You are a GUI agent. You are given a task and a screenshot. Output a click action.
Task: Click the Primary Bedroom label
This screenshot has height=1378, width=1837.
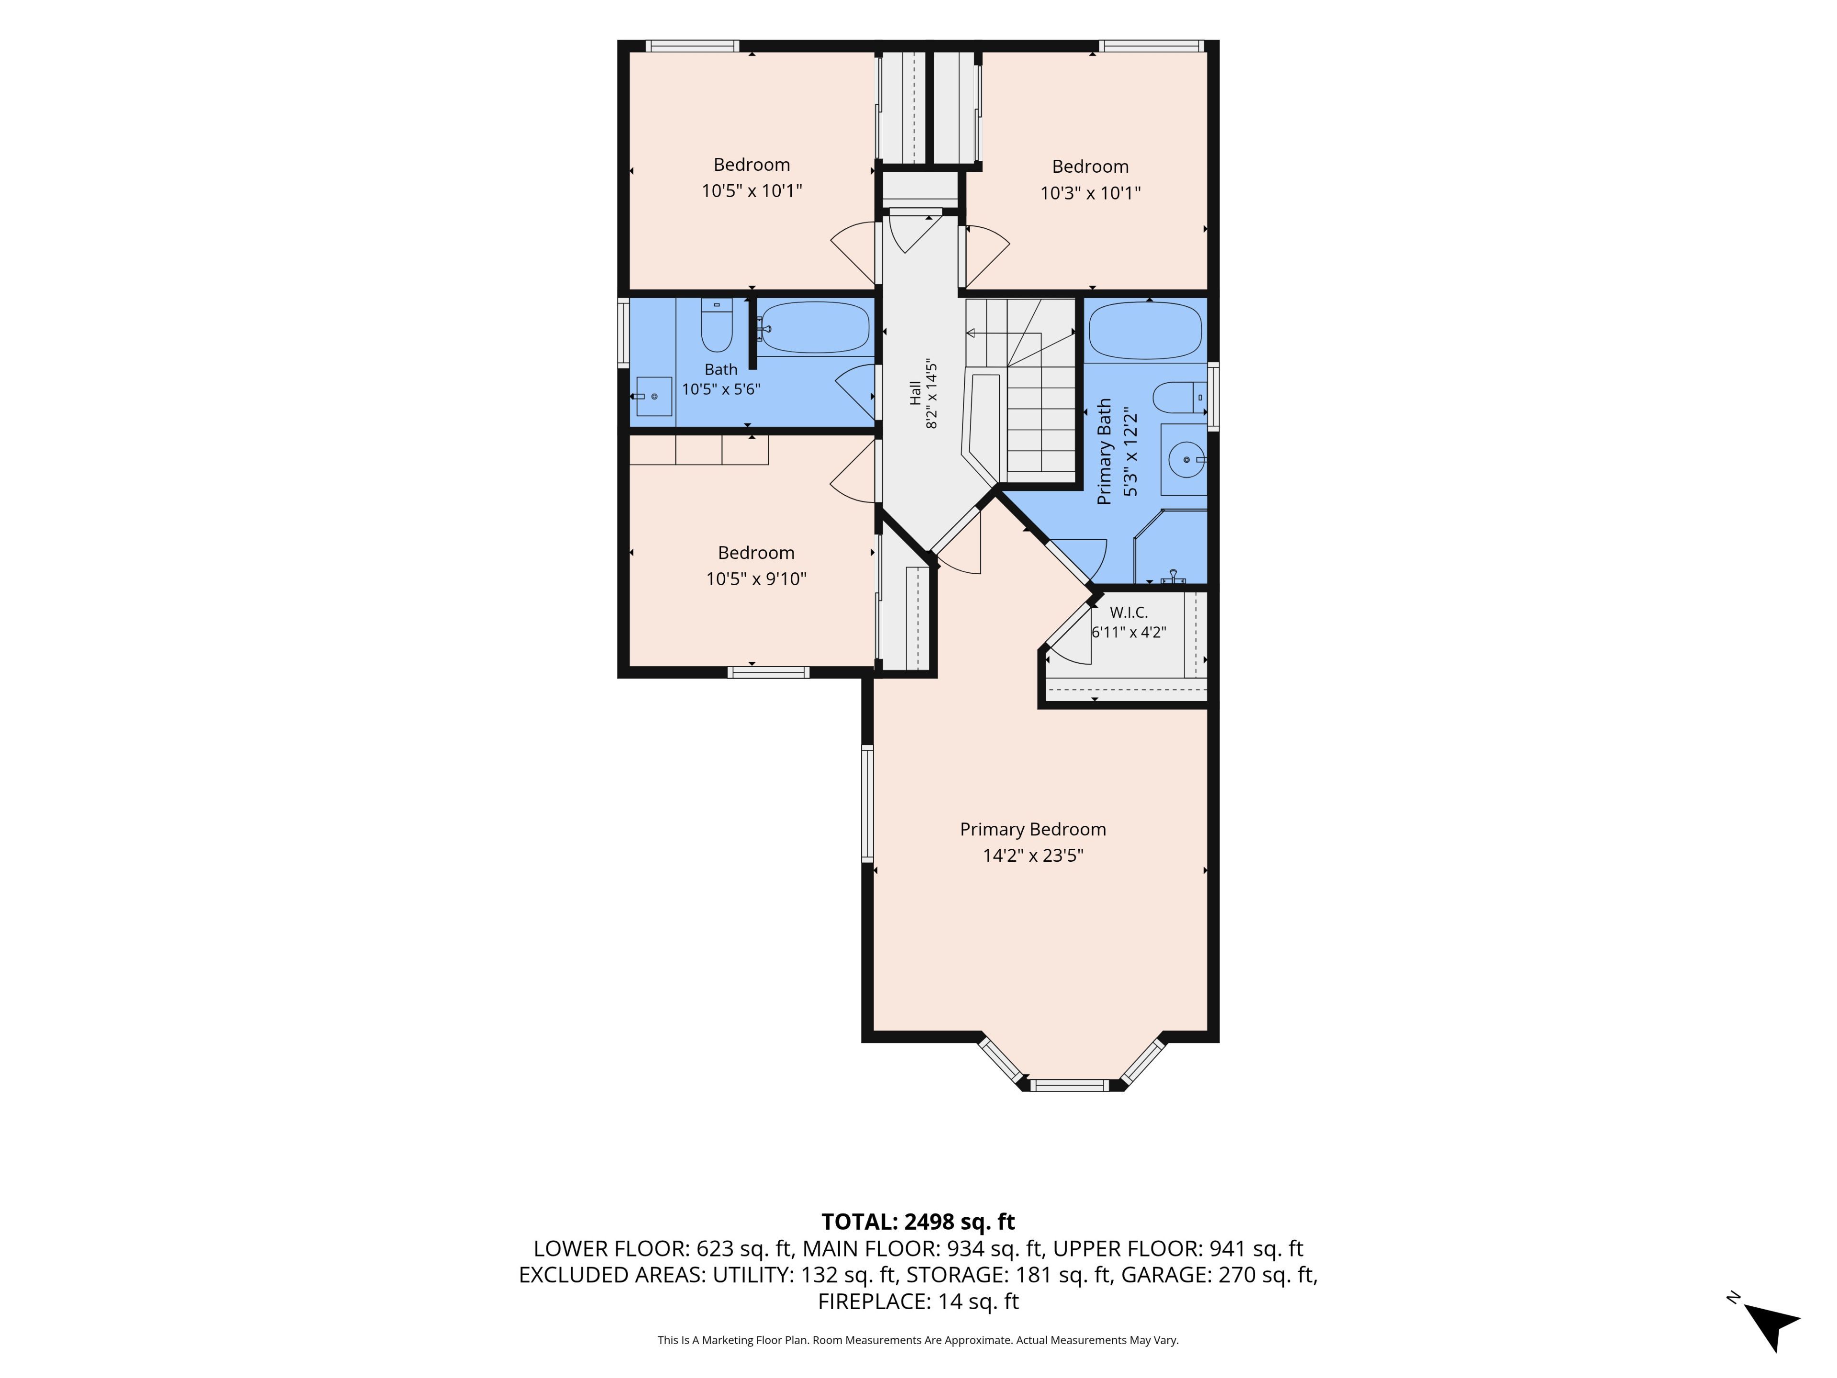[x=1033, y=829]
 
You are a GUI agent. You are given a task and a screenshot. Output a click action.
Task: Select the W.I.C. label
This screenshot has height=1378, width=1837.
[x=1129, y=612]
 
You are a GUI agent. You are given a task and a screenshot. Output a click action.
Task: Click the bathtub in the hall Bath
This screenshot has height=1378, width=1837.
[x=815, y=327]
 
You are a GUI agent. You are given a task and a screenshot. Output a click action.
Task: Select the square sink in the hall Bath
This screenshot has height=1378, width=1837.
[x=653, y=396]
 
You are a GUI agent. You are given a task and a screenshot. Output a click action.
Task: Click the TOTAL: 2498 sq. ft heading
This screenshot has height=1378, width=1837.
[x=918, y=1222]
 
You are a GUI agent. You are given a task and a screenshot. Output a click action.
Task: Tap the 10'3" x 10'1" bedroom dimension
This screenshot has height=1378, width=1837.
[x=1090, y=193]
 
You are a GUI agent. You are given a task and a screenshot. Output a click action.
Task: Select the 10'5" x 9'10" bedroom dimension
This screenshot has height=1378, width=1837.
[x=756, y=579]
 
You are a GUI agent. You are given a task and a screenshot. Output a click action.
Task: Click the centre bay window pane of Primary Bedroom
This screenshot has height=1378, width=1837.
[x=1070, y=1085]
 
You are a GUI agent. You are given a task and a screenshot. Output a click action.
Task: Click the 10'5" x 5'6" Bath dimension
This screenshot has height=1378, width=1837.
[x=721, y=389]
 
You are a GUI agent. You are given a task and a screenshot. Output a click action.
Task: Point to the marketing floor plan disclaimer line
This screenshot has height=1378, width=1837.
[x=918, y=1340]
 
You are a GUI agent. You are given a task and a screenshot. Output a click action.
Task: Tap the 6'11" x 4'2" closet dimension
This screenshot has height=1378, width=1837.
[x=1129, y=632]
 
